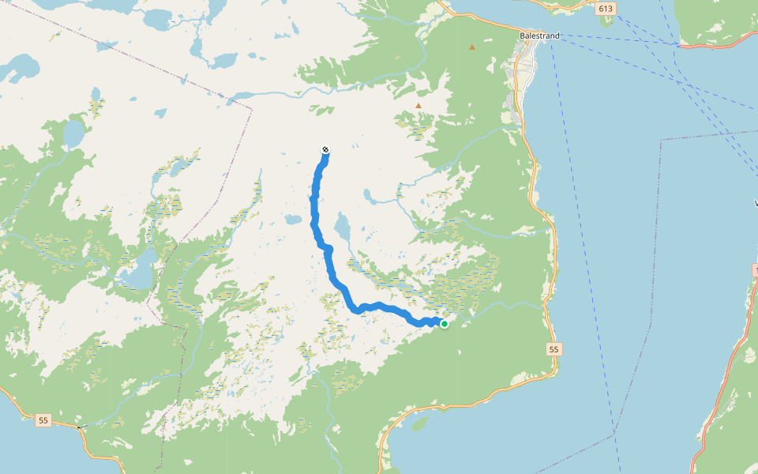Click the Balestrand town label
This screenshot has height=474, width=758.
click(x=540, y=36)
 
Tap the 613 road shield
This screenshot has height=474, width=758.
click(x=606, y=9)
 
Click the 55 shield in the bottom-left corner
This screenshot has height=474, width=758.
click(x=43, y=421)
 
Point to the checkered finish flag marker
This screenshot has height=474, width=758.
click(x=325, y=150)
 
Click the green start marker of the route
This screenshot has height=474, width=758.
click(x=445, y=323)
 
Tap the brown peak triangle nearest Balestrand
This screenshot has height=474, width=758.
click(x=472, y=47)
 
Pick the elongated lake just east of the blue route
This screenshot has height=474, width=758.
click(x=343, y=229)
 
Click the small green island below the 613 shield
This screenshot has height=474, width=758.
click(x=606, y=21)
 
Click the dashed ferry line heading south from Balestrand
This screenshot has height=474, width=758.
click(x=576, y=158)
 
